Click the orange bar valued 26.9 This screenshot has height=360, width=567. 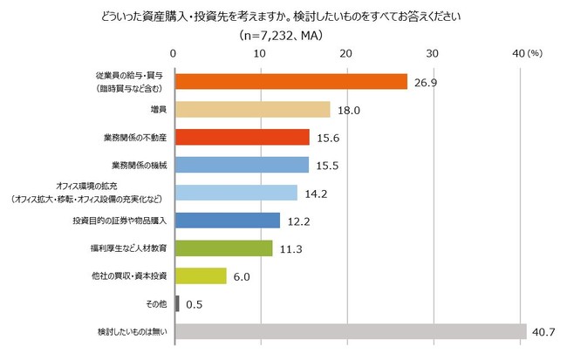291,81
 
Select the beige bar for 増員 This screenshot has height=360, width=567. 253,109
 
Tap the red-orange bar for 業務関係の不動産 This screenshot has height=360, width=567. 243,137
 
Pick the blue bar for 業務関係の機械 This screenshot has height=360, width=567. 243,165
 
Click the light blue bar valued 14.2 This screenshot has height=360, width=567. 236,193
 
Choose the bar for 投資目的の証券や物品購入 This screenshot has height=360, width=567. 228,221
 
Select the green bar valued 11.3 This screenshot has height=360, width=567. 224,248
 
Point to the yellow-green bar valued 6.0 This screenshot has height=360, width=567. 202,276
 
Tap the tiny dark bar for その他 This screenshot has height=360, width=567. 177,304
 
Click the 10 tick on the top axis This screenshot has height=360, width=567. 261,54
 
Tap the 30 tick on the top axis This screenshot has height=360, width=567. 433,54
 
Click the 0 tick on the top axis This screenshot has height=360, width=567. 174,54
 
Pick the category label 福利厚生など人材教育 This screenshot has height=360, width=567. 122,248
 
